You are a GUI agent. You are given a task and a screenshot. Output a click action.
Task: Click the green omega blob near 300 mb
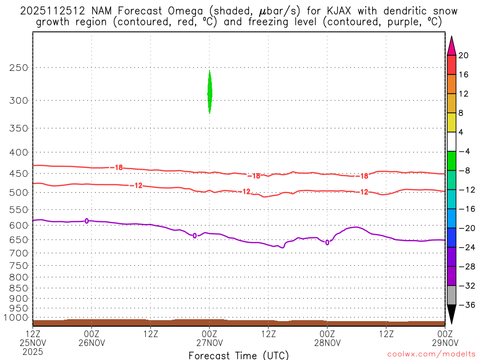tap(210, 92)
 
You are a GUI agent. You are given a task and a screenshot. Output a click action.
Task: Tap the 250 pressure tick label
tap(19, 67)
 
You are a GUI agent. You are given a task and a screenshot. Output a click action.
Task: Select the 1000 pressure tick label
tap(16, 318)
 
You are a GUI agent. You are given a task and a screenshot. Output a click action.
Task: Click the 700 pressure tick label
tap(19, 253)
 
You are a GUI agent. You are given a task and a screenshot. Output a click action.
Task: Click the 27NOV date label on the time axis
tap(210, 342)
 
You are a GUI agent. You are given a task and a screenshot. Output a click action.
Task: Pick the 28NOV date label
tap(327, 342)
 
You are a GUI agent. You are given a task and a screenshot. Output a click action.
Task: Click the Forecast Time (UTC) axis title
tap(239, 355)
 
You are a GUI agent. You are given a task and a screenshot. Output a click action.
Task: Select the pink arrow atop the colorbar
tap(452, 46)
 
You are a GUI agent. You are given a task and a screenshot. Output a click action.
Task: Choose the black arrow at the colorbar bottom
tap(452, 314)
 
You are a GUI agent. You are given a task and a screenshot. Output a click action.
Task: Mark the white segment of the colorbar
tap(452, 142)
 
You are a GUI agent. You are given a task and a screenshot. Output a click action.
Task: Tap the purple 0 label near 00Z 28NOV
tap(327, 242)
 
